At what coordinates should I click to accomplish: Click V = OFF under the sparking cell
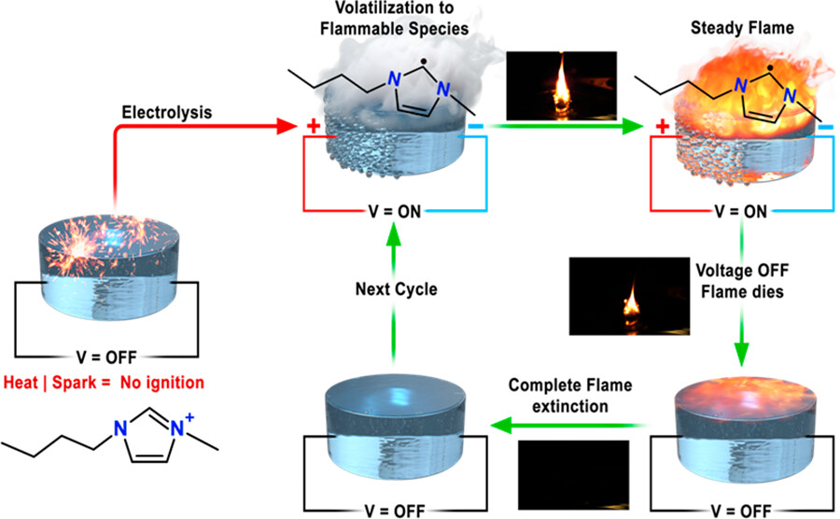coord(104,356)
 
